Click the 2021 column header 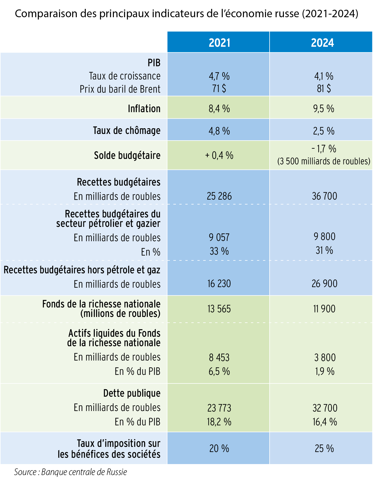[219, 42]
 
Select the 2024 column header [322, 42]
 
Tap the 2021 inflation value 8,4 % [219, 109]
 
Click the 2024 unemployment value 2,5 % [324, 131]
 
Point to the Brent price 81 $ [324, 88]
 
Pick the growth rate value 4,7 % [219, 76]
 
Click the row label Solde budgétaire [127, 155]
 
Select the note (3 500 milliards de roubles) [324, 161]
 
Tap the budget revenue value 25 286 [219, 196]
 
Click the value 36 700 [324, 196]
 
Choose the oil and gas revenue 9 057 [219, 237]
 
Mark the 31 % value [324, 250]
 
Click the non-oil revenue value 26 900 [324, 284]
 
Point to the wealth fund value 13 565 [219, 309]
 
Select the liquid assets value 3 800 [325, 357]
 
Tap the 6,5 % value [219, 371]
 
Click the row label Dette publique [132, 393]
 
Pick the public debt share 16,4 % [325, 422]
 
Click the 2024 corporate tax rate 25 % [324, 448]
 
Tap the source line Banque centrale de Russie [70, 472]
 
